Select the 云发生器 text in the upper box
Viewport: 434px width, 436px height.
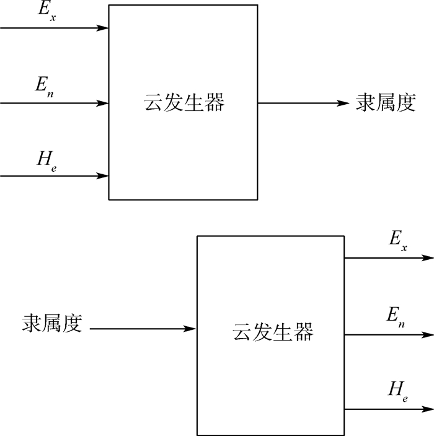184,102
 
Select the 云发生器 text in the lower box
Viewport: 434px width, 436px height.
272,332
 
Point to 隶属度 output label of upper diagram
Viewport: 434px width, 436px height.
385,102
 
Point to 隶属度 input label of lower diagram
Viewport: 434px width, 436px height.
53,323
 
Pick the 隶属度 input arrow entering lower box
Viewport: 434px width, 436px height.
143,329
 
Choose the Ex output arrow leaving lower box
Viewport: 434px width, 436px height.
388,257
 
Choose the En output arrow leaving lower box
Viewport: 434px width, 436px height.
388,335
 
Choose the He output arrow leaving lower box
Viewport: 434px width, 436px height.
388,409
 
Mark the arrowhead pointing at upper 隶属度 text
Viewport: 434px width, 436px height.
343,102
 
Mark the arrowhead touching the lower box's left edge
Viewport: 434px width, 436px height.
191,329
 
